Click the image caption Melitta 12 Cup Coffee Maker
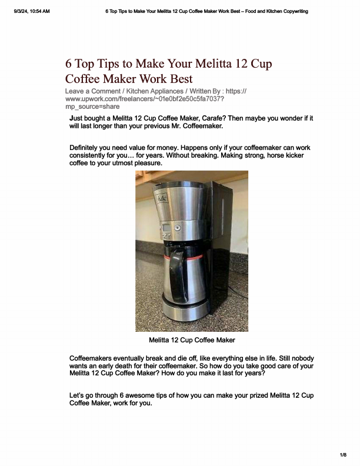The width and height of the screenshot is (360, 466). pos(192,340)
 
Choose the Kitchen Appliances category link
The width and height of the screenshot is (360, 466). pos(155,91)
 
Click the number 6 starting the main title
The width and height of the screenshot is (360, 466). pos(69,64)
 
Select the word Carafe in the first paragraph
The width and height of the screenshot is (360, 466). pos(222,118)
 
